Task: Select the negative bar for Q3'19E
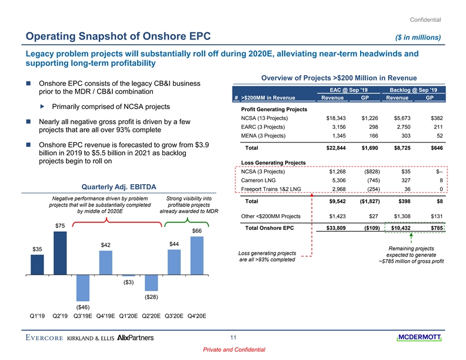(83, 288)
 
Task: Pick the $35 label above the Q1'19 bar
(37, 250)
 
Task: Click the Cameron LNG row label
(259, 181)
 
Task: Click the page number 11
(233, 338)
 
